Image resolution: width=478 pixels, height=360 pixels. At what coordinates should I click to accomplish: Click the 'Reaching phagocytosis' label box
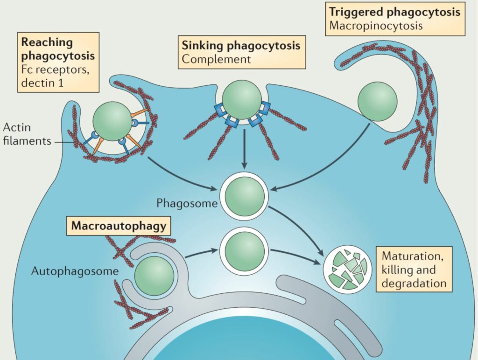pyautogui.click(x=58, y=62)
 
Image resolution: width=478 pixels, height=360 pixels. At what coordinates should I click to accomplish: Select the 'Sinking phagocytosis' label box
pyautogui.click(x=242, y=52)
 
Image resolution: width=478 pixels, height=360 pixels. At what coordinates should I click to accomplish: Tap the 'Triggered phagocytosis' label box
pyautogui.click(x=395, y=19)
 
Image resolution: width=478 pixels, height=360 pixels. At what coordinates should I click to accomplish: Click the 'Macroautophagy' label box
pyautogui.click(x=119, y=226)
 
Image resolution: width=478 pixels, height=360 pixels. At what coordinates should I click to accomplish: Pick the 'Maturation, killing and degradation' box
pyautogui.click(x=414, y=270)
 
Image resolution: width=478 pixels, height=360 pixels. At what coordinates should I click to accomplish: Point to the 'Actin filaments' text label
pyautogui.click(x=27, y=134)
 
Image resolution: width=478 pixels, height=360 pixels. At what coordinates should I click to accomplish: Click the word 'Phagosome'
pyautogui.click(x=187, y=203)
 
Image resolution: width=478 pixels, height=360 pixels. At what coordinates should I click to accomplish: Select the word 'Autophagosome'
pyautogui.click(x=75, y=271)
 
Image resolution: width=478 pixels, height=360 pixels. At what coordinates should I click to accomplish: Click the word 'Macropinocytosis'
pyautogui.click(x=376, y=26)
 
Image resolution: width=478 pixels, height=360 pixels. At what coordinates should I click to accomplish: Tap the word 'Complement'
pyautogui.click(x=216, y=59)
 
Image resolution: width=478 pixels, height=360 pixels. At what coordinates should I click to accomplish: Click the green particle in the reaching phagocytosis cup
pyautogui.click(x=112, y=121)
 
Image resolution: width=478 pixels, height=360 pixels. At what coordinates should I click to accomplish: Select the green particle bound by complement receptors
pyautogui.click(x=242, y=100)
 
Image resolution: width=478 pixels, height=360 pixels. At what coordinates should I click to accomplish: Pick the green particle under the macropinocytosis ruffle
pyautogui.click(x=377, y=101)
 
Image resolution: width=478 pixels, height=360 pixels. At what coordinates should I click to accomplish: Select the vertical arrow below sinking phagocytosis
pyautogui.click(x=244, y=149)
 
